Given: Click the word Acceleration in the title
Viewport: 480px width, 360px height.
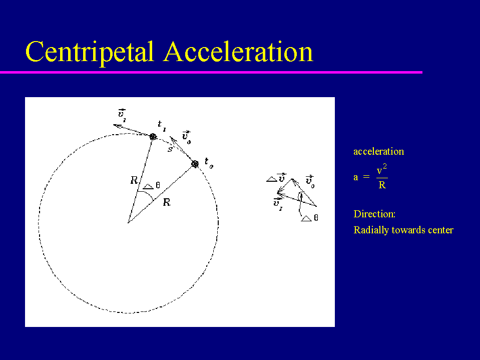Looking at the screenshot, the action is (238, 52).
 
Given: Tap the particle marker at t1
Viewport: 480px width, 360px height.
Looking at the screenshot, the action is (153, 137).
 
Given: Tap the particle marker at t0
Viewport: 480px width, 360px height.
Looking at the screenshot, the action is (195, 164).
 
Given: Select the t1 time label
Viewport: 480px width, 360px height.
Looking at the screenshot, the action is (162, 126).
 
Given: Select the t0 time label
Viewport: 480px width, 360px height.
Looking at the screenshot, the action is (209, 163).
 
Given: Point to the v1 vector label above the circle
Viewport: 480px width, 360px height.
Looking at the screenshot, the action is (122, 115).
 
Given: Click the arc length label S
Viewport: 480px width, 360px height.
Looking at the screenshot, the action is (170, 149).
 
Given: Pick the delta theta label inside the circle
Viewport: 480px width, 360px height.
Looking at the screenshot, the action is (152, 186).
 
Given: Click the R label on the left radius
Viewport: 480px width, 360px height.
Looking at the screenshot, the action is (134, 180).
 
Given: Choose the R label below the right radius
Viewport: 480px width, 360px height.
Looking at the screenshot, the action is (167, 202).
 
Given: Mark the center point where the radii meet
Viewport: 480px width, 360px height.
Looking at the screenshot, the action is (128, 222).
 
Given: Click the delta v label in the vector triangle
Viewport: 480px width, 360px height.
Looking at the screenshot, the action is (276, 178).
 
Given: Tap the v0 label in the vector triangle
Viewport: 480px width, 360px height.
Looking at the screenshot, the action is (310, 182).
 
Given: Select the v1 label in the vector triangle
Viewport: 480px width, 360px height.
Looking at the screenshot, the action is (278, 204).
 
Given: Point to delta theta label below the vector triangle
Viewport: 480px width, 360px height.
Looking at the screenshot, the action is (310, 218).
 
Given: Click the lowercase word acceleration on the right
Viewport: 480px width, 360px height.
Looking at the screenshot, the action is (379, 152).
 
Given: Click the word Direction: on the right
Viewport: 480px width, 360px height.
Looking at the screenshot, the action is (374, 214).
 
